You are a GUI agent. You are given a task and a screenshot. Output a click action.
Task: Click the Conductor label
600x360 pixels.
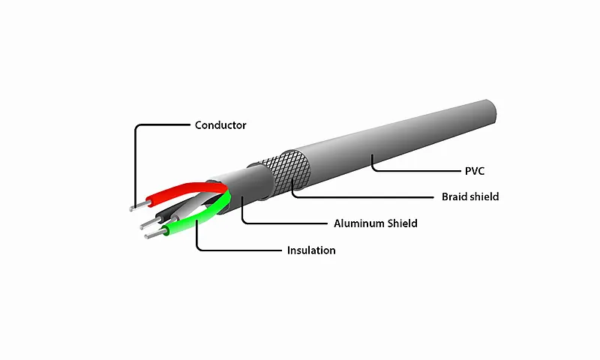point(220,125)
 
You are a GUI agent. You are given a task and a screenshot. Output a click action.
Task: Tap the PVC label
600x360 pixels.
point(475,171)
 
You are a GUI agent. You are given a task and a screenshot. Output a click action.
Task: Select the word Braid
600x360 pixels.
point(454,196)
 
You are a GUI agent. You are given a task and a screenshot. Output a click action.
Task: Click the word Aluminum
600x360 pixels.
point(358,223)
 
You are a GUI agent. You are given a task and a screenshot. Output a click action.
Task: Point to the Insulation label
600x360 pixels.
point(311,250)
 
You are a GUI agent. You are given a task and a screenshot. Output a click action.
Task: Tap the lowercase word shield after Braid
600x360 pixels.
point(484,196)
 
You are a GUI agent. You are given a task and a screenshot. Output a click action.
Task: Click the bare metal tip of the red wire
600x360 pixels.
point(139,205)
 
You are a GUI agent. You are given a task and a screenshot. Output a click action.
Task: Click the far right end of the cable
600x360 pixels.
point(492,112)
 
